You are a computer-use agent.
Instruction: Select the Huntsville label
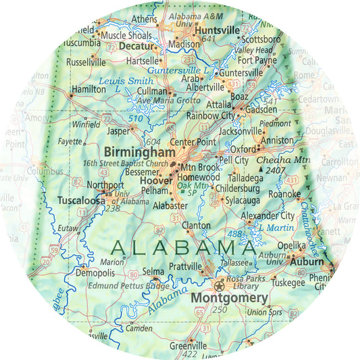[217, 30]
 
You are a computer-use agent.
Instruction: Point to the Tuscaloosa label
[80, 201]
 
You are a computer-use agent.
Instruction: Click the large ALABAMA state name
[184, 246]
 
